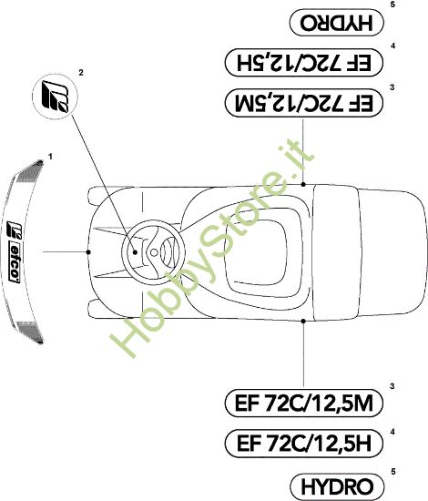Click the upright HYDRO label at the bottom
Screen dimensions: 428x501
(337, 487)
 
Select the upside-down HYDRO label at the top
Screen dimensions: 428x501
(337, 22)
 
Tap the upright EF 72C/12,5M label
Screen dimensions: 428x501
(304, 403)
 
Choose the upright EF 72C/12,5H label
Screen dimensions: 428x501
(304, 444)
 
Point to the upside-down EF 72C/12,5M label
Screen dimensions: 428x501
(304, 103)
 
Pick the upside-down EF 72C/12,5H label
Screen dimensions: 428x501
(304, 62)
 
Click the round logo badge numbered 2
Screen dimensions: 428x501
(56, 97)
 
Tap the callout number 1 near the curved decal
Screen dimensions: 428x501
(50, 157)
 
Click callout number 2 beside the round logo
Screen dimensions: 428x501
(81, 73)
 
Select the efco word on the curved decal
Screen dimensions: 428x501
(14, 263)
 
